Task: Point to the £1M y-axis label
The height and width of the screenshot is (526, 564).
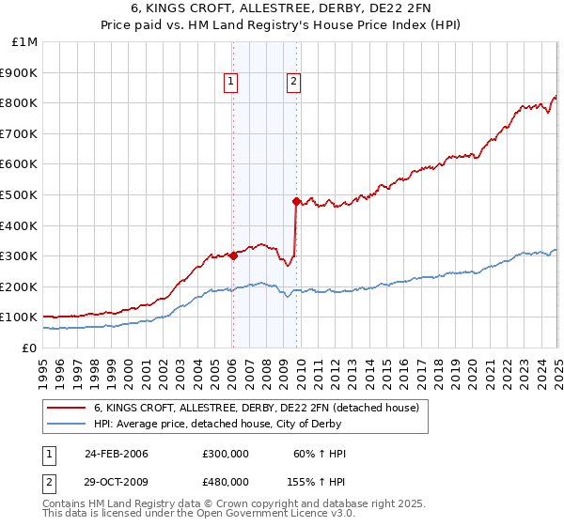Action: [25, 41]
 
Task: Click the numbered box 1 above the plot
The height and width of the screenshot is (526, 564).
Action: [231, 83]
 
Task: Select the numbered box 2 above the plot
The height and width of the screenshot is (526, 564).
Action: [294, 83]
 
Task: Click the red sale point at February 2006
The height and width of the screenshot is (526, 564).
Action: [233, 255]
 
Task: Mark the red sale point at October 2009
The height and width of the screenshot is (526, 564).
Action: [296, 201]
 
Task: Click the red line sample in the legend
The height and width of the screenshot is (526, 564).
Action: [67, 408]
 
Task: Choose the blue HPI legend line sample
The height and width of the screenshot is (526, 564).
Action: [67, 424]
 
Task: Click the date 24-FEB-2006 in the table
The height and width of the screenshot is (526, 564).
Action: [116, 454]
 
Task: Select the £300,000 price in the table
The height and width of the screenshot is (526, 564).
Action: [226, 454]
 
